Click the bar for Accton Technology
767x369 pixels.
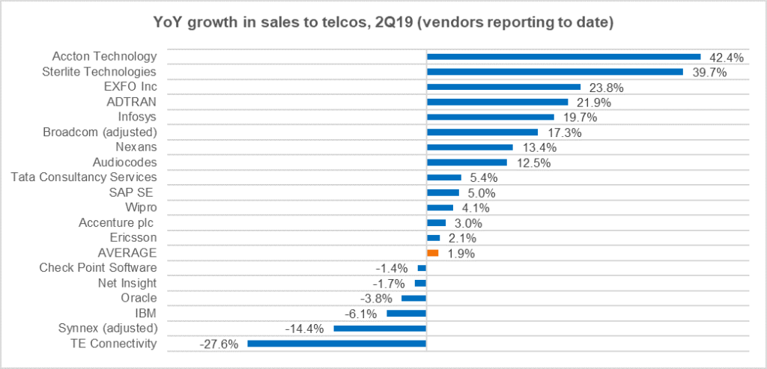point(563,56)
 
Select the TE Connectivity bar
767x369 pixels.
point(336,344)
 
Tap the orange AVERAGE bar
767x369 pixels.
point(433,253)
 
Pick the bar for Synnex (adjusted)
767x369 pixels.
point(380,329)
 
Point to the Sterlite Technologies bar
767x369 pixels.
point(554,72)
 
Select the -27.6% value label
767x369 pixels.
point(219,344)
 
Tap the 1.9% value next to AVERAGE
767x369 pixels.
point(461,254)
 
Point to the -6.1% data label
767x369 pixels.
point(363,314)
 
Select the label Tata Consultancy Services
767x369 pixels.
point(85,177)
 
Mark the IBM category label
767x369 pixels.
point(145,313)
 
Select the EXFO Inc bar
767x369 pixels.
point(503,87)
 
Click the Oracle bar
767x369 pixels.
point(413,298)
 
